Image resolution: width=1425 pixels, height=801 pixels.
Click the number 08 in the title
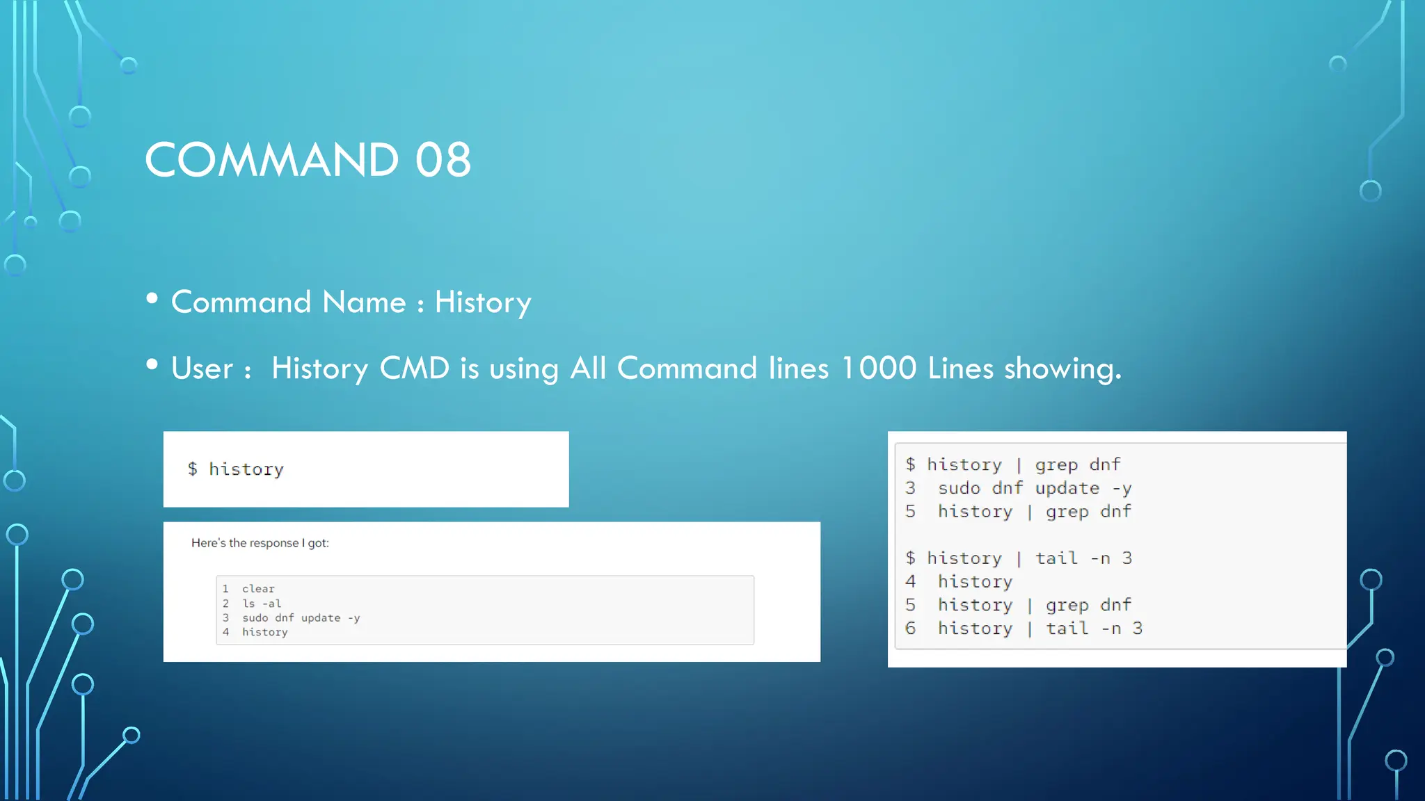click(x=443, y=160)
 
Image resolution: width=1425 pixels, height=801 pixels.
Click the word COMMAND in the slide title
click(x=271, y=160)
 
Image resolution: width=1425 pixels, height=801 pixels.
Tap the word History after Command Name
click(x=483, y=302)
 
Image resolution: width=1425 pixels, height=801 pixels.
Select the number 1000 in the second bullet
click(x=879, y=368)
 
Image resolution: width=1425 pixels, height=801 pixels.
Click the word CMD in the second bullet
click(x=415, y=368)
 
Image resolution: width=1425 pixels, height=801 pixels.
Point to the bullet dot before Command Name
click(x=152, y=299)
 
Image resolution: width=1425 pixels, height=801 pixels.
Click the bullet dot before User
click(x=152, y=365)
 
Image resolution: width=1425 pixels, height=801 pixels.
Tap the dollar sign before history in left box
click(x=193, y=469)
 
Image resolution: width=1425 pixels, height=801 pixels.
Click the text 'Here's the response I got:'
click(x=260, y=543)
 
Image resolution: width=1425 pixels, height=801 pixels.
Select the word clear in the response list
click(x=258, y=589)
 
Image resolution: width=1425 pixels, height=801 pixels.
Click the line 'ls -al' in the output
click(x=262, y=604)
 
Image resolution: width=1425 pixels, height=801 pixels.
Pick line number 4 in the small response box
click(x=225, y=632)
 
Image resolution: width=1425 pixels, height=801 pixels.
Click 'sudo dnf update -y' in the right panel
click(x=1034, y=488)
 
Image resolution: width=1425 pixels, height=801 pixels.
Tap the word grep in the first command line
click(x=1056, y=464)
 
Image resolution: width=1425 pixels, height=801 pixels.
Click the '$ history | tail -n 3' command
click(x=1019, y=558)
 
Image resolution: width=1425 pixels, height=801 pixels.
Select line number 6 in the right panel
click(x=910, y=629)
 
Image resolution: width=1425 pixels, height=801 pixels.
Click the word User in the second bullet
click(x=202, y=368)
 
